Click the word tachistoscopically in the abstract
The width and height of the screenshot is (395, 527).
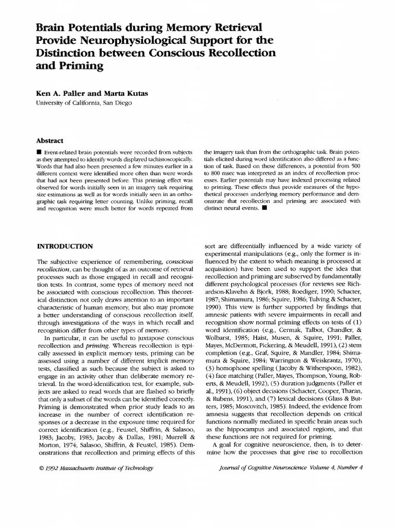pos(161,160)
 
